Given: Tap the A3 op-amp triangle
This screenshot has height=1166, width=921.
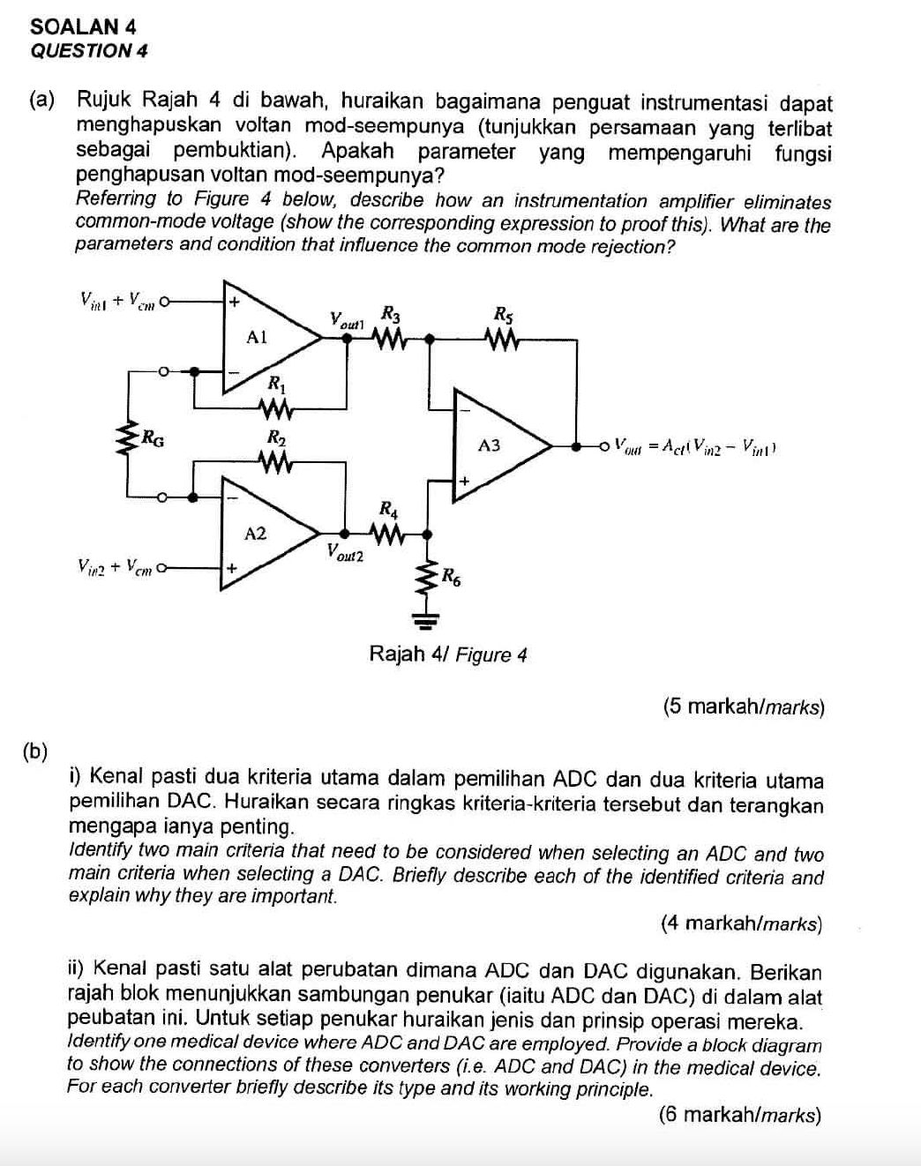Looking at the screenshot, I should [x=494, y=446].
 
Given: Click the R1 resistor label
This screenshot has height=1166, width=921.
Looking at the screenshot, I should [x=276, y=384].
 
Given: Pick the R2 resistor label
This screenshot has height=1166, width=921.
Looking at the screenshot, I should [x=276, y=437].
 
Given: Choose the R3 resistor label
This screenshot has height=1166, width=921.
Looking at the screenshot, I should [x=390, y=312].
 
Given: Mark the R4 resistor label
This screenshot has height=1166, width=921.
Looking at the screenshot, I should [x=388, y=509].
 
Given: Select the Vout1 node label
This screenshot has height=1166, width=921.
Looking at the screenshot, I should [x=348, y=319].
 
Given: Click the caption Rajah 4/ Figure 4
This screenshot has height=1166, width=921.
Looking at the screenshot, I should [x=447, y=654].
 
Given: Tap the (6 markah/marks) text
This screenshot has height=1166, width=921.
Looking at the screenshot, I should [x=739, y=1115].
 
